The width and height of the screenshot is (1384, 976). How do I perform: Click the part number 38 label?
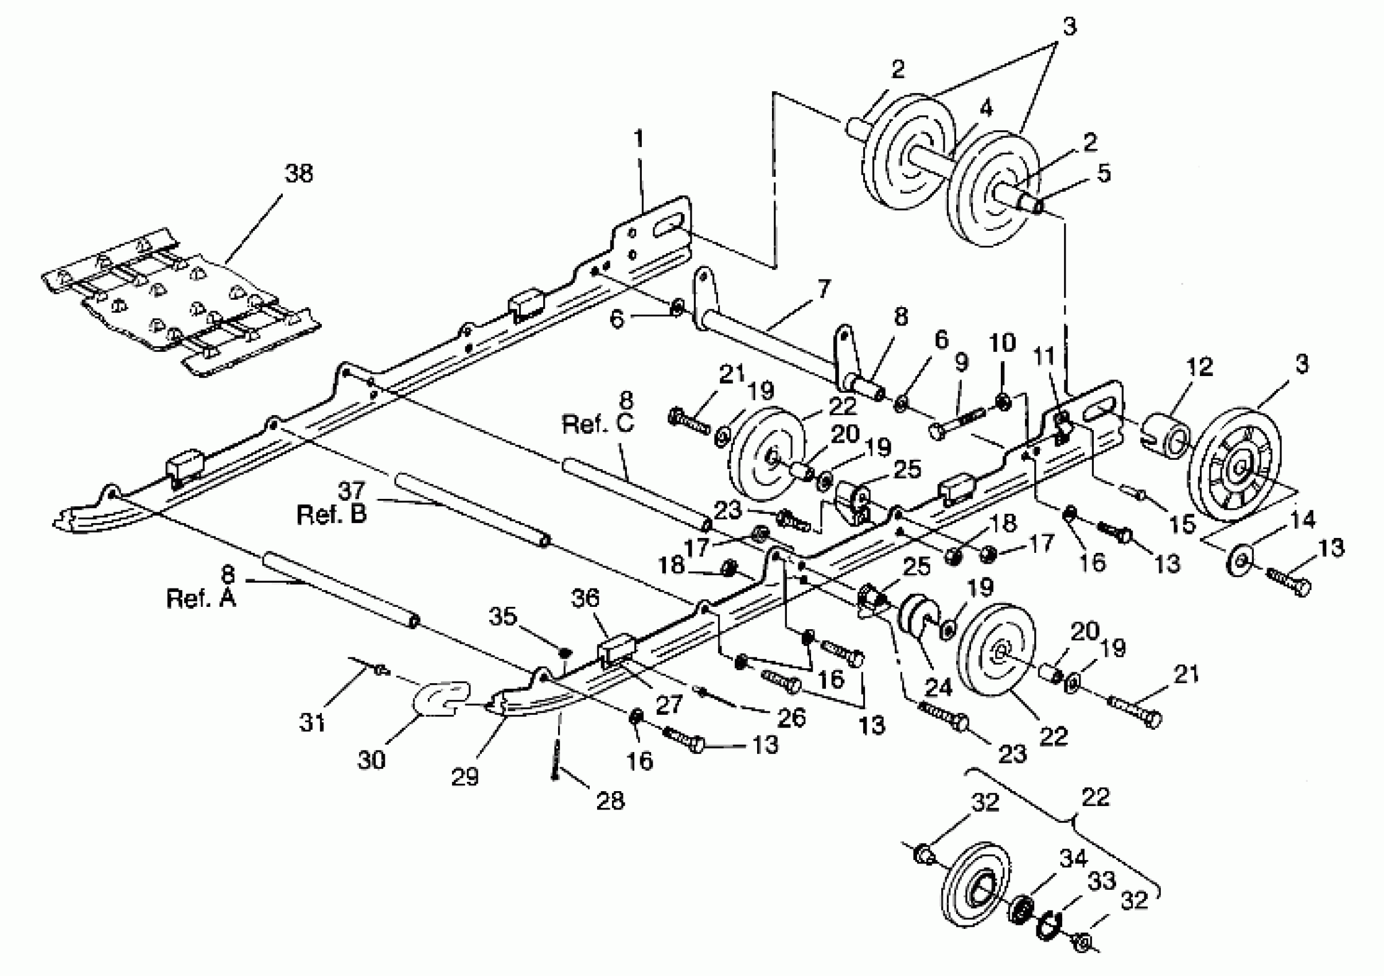(299, 174)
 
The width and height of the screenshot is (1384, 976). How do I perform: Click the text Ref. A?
(201, 598)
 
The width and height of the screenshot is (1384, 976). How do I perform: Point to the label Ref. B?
(331, 514)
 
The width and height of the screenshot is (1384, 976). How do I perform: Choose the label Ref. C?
(598, 424)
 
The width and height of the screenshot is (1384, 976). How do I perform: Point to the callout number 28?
(610, 800)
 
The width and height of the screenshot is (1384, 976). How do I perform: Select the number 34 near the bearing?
(1074, 858)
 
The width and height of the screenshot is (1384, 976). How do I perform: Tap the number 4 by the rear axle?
(985, 109)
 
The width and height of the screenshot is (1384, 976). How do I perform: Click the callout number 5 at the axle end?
(1104, 173)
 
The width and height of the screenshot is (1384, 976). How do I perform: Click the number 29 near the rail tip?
(465, 776)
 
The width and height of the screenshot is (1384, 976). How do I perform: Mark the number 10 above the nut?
(1003, 343)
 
